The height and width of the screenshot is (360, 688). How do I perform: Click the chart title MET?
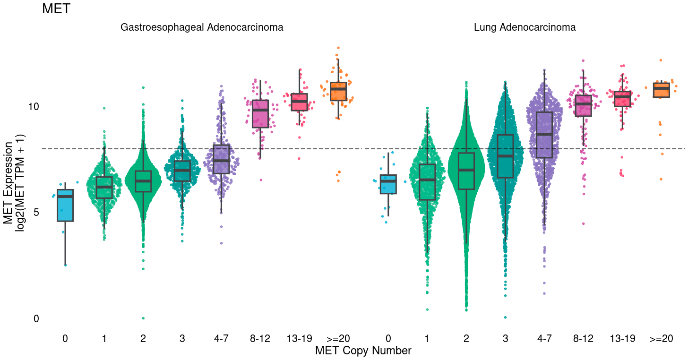tap(56, 9)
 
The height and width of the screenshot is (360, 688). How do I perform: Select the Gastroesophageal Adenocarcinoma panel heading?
tap(202, 27)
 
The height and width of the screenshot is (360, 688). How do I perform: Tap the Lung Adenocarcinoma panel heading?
tap(525, 27)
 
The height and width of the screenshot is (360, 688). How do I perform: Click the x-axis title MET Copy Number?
tap(363, 351)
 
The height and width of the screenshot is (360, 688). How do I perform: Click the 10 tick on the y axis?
tap(34, 106)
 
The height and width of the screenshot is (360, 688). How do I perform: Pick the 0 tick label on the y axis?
tap(36, 319)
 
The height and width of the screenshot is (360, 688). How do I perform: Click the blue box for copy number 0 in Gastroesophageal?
tap(65, 206)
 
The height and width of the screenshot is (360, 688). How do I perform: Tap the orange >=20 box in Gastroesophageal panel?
tap(338, 92)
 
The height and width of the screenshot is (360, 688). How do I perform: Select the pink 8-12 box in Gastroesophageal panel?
tap(260, 114)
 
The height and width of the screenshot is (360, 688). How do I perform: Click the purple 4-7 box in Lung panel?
tap(544, 135)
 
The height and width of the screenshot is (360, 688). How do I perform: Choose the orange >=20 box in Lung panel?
tap(661, 90)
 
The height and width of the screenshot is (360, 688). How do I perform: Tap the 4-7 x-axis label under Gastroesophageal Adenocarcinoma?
tap(221, 338)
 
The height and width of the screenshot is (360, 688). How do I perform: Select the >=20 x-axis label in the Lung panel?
tap(661, 338)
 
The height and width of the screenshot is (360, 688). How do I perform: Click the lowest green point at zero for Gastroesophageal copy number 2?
tap(143, 318)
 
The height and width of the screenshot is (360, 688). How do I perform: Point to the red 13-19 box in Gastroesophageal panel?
tap(299, 102)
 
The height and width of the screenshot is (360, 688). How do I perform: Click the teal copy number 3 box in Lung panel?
tap(506, 156)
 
